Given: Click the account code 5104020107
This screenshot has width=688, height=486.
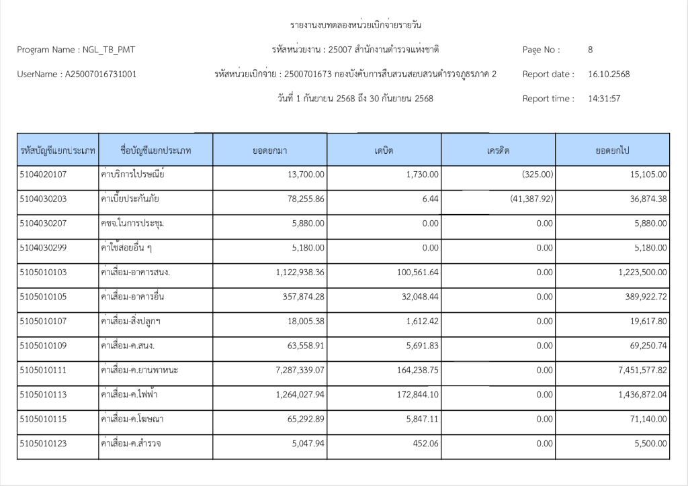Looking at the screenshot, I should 44,175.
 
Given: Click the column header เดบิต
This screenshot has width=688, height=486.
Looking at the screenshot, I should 384,150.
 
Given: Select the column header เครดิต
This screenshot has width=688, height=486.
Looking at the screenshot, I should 499,150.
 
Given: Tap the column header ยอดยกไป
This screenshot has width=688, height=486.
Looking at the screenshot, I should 612,150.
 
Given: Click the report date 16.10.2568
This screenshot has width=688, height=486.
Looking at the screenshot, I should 609,75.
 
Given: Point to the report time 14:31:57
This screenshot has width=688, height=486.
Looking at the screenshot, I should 603,99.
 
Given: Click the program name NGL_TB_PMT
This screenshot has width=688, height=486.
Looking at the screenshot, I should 107,50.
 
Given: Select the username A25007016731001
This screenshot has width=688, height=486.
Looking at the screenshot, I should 100,75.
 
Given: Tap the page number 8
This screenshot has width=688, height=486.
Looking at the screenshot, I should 590,50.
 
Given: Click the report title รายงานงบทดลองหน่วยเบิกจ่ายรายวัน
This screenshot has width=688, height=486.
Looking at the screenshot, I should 355,26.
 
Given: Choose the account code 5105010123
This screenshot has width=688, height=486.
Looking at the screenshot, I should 44,444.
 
